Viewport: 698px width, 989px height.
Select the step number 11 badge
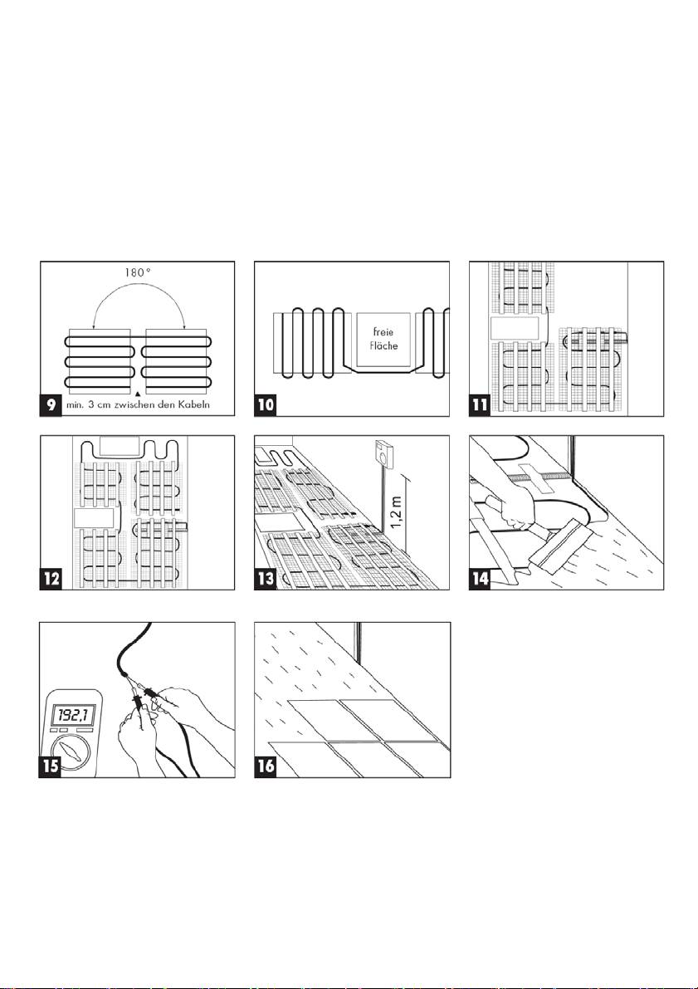(x=481, y=405)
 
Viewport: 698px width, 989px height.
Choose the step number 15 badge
(x=51, y=766)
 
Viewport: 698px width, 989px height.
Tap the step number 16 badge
(x=266, y=766)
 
